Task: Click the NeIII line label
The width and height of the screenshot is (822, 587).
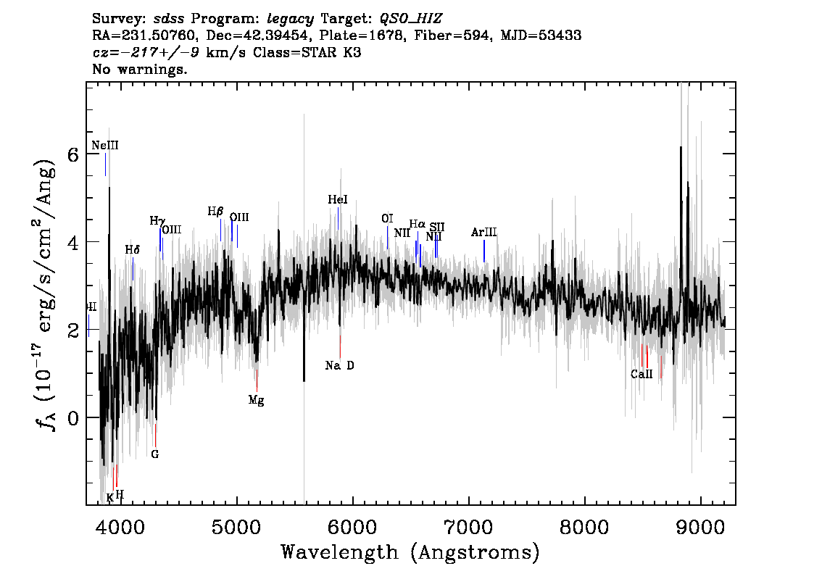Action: pyautogui.click(x=105, y=146)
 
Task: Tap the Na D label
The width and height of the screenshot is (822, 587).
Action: pyautogui.click(x=339, y=366)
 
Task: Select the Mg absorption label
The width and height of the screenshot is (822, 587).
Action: pyautogui.click(x=256, y=400)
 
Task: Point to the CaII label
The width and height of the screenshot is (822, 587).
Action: pyautogui.click(x=642, y=375)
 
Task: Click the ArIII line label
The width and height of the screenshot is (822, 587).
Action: pyautogui.click(x=483, y=233)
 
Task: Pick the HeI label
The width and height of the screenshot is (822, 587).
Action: pyautogui.click(x=338, y=200)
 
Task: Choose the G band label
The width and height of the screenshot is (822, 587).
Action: pyautogui.click(x=154, y=454)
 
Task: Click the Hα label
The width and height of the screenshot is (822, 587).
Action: pyautogui.click(x=418, y=225)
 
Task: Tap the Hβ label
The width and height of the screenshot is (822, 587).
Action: pyautogui.click(x=215, y=212)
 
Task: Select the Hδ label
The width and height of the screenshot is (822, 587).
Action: pyautogui.click(x=132, y=250)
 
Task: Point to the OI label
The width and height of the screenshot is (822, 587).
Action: pyautogui.click(x=387, y=219)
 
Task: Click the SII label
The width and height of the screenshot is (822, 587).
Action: pyautogui.click(x=436, y=228)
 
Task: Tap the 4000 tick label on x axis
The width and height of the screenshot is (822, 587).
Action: pyautogui.click(x=120, y=525)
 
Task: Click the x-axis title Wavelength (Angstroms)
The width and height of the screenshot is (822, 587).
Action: pyautogui.click(x=410, y=553)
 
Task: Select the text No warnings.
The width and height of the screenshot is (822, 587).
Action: pyautogui.click(x=140, y=70)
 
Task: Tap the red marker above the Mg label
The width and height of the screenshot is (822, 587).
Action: pyautogui.click(x=257, y=380)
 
